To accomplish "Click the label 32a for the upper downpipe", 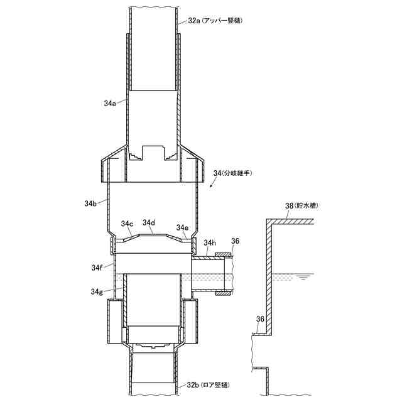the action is coord(193,21).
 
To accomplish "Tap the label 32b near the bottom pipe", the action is coord(193,384).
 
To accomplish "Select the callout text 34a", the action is coord(110,103).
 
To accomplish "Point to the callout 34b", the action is coord(90,204).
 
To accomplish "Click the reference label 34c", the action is coord(127,224).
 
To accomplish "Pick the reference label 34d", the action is coord(149,222).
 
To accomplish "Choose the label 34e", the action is coord(183,227).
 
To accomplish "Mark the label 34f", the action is coord(97,268).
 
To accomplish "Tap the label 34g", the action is coord(97,291).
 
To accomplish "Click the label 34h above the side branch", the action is coord(210,242).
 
